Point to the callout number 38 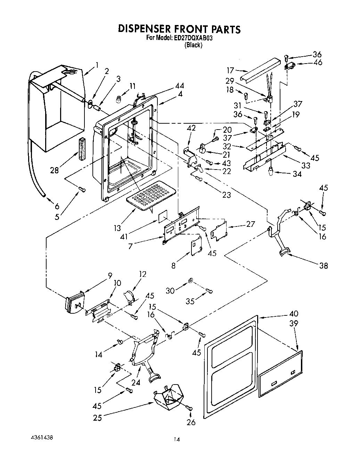click(323, 266)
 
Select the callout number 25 click(98, 417)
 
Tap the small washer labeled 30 click(190, 280)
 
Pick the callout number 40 click(294, 314)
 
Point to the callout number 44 click(180, 86)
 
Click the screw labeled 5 click(82, 189)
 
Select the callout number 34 click(297, 174)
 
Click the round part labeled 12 click(129, 296)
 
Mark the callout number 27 click(250, 224)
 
